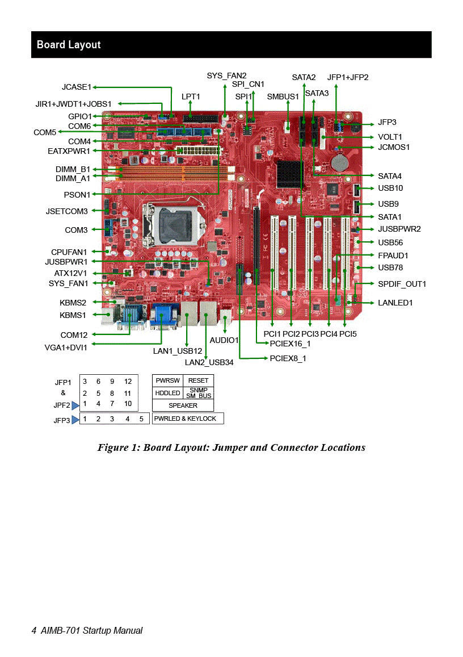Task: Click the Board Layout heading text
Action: [x=69, y=45]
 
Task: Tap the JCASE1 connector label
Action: [x=77, y=87]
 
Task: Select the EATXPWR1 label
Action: [x=69, y=151]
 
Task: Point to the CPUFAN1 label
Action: [x=69, y=252]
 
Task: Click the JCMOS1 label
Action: [x=394, y=147]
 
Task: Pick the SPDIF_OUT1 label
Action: [x=402, y=284]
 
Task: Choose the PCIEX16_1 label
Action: [x=290, y=344]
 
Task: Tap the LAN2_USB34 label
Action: [x=209, y=362]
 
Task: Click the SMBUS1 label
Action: [x=283, y=97]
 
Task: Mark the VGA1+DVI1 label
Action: [x=66, y=348]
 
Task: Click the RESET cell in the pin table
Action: [x=198, y=380]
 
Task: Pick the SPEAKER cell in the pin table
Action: [x=183, y=405]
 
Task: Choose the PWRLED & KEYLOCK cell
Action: [x=188, y=419]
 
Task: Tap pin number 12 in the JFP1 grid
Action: [x=128, y=381]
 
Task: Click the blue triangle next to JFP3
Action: [x=75, y=420]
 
